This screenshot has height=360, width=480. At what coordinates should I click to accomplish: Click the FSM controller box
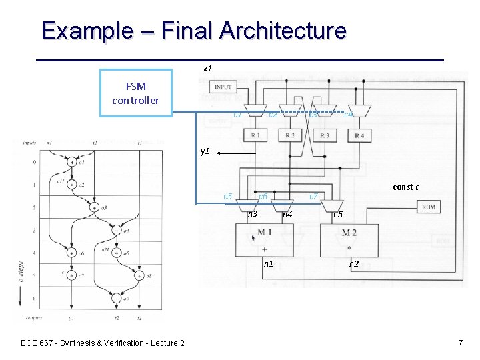[x=136, y=93]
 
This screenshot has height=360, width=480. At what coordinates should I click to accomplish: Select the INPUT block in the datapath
[x=223, y=87]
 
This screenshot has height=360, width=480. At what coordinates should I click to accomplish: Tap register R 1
[x=255, y=136]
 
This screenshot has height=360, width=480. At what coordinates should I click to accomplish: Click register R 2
[x=289, y=136]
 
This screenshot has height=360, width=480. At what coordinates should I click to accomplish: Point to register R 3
[x=325, y=136]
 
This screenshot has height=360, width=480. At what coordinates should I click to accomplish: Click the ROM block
[x=428, y=207]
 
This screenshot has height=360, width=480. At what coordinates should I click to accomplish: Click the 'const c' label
[x=405, y=187]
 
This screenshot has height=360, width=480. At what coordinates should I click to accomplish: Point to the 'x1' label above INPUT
[x=207, y=68]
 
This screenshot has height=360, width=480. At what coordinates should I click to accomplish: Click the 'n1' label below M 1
[x=268, y=264]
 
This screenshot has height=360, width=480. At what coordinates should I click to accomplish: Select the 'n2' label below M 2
[x=354, y=264]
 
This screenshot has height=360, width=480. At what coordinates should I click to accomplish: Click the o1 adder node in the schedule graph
[x=71, y=162]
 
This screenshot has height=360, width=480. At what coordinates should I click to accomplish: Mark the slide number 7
[x=460, y=342]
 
